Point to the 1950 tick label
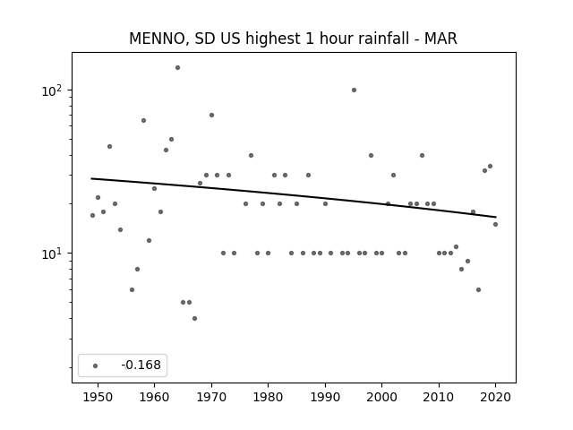pos(98,397)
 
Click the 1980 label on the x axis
pos(268,397)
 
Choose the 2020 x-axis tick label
pos(495,397)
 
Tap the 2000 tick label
pos(382,397)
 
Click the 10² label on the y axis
pos(52,90)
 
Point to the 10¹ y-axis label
pos(52,254)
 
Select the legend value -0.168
pos(141,365)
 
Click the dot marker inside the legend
pos(95,365)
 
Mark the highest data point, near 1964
pos(177,68)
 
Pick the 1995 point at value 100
pos(354,90)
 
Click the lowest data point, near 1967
pos(195,319)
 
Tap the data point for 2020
pos(495,225)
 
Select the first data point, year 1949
pos(92,215)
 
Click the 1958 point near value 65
pos(143,121)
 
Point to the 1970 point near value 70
pos(211,116)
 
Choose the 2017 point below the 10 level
pos(478,290)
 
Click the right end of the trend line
pos(496,217)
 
